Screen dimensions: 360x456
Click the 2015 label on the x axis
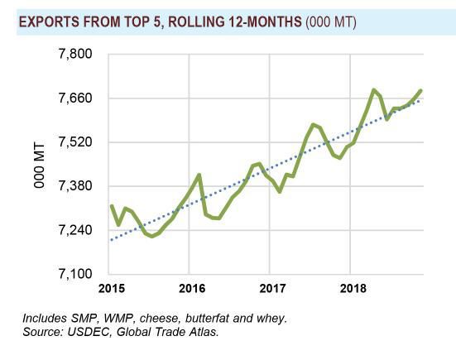(111, 289)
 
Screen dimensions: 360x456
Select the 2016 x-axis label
(191, 289)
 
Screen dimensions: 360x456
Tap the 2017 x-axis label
(271, 289)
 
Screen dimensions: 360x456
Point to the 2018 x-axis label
(350, 289)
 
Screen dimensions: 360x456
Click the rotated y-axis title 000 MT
(39, 164)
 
